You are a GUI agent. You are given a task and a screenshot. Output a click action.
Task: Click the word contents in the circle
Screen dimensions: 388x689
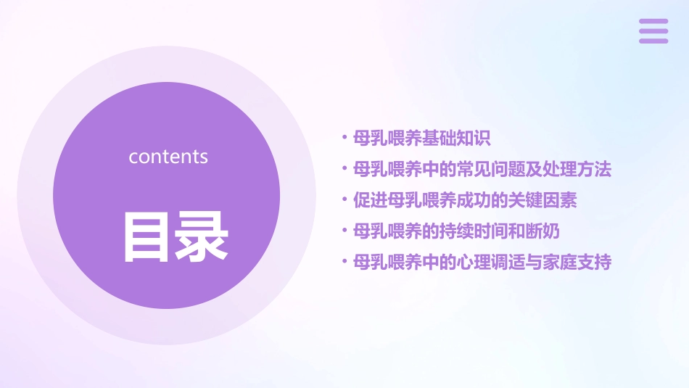pyautogui.click(x=168, y=157)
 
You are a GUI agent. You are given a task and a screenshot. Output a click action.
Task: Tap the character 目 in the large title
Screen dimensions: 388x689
pyautogui.click(x=146, y=236)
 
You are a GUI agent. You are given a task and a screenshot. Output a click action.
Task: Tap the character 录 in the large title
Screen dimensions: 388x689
pyautogui.click(x=199, y=236)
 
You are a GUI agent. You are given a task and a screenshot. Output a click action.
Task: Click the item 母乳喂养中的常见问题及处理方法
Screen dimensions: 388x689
pyautogui.click(x=482, y=169)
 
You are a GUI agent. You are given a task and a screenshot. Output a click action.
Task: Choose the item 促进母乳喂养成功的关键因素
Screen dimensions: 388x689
pyautogui.click(x=464, y=200)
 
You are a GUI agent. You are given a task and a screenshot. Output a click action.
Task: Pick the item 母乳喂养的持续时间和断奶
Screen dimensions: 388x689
pyautogui.click(x=455, y=231)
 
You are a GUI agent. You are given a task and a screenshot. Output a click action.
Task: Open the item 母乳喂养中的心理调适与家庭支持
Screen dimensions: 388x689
pyautogui.click(x=482, y=262)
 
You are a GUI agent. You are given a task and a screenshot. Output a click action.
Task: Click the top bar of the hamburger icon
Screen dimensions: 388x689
pyautogui.click(x=653, y=21)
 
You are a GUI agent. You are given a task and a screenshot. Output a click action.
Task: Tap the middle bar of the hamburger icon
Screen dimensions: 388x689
pyautogui.click(x=653, y=31)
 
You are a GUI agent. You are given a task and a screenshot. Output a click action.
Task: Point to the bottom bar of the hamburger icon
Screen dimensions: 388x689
pyautogui.click(x=653, y=41)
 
